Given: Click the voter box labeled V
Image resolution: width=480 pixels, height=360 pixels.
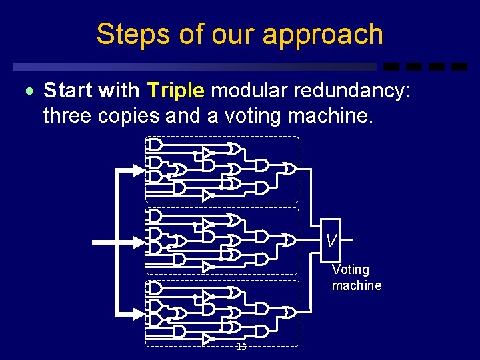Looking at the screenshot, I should pyautogui.click(x=331, y=239).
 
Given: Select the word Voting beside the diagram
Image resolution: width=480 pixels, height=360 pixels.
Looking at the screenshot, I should pyautogui.click(x=351, y=269).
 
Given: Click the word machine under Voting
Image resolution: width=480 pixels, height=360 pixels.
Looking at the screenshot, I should pyautogui.click(x=357, y=285).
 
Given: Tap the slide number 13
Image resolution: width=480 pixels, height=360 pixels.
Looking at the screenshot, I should pyautogui.click(x=241, y=347).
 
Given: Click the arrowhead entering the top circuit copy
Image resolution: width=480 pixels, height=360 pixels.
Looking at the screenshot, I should pyautogui.click(x=139, y=170).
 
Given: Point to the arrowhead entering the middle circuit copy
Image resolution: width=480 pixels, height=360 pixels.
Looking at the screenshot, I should pyautogui.click(x=139, y=241).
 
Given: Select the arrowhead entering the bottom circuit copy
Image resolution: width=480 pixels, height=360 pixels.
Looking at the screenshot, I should pyautogui.click(x=139, y=311).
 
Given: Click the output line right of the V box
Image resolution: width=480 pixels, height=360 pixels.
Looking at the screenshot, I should pyautogui.click(x=347, y=239).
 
